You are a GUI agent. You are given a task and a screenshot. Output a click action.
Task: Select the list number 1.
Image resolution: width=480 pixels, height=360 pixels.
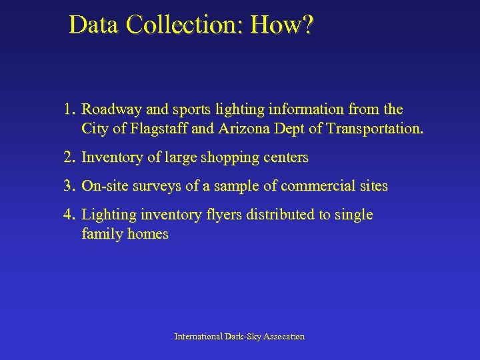[x=69, y=109]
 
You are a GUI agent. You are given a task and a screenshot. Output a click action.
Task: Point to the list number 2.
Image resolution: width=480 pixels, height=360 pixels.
[x=69, y=158]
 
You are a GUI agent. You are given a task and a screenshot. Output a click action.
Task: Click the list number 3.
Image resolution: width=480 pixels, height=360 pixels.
[x=69, y=186]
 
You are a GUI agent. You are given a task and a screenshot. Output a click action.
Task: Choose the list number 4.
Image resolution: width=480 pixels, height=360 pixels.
[x=69, y=215]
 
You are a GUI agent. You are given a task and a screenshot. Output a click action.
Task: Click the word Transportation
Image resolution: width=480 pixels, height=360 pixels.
[x=375, y=129]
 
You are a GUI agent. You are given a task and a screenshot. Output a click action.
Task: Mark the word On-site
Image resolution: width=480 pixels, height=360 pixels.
[x=105, y=186]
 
